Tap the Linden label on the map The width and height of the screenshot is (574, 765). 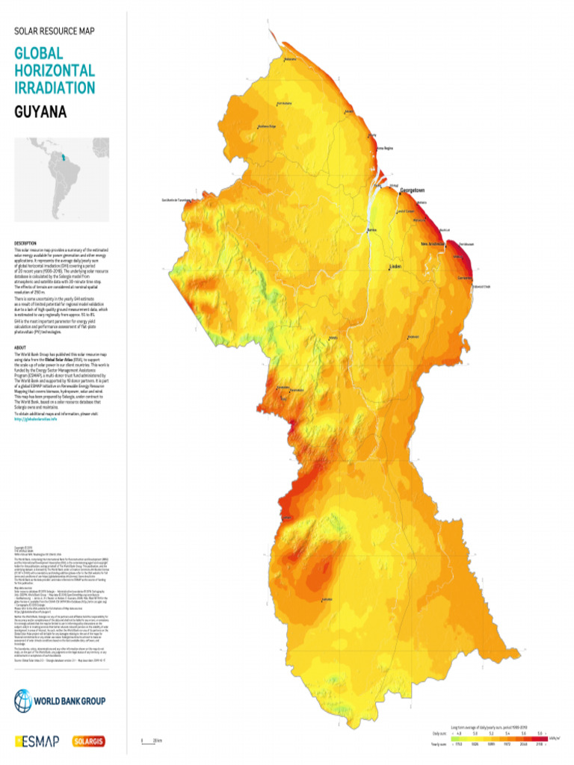pyautogui.click(x=396, y=266)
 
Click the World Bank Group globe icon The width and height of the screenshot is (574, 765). pyautogui.click(x=22, y=701)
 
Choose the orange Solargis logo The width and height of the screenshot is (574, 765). pyautogui.click(x=90, y=741)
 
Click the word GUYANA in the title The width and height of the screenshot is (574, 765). pyautogui.click(x=40, y=113)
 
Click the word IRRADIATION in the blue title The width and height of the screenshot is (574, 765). pyautogui.click(x=55, y=87)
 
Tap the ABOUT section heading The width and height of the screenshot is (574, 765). pyautogui.click(x=20, y=348)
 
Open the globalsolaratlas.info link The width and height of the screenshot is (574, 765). pyautogui.click(x=36, y=419)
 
